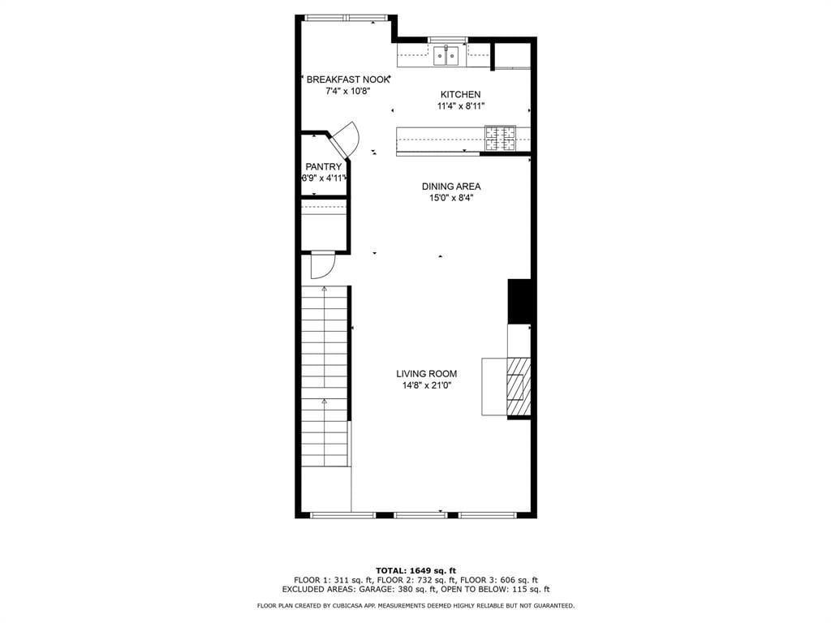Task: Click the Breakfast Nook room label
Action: click(x=347, y=79)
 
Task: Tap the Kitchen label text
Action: click(x=461, y=94)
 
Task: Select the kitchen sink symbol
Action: click(x=446, y=56)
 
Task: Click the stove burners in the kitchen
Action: click(x=500, y=139)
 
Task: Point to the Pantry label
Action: click(x=323, y=167)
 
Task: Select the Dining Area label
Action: click(x=451, y=187)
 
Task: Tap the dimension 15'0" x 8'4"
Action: click(x=451, y=198)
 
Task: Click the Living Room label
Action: click(x=427, y=374)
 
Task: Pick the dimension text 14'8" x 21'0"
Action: click(x=427, y=385)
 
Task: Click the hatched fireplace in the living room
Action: click(x=519, y=387)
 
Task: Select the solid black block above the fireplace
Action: click(x=519, y=301)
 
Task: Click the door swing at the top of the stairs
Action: click(x=323, y=265)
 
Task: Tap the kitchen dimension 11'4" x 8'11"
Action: click(x=461, y=106)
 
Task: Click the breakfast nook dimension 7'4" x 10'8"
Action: click(x=347, y=91)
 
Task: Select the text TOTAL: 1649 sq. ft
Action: click(x=415, y=570)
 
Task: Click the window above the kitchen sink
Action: click(x=448, y=40)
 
